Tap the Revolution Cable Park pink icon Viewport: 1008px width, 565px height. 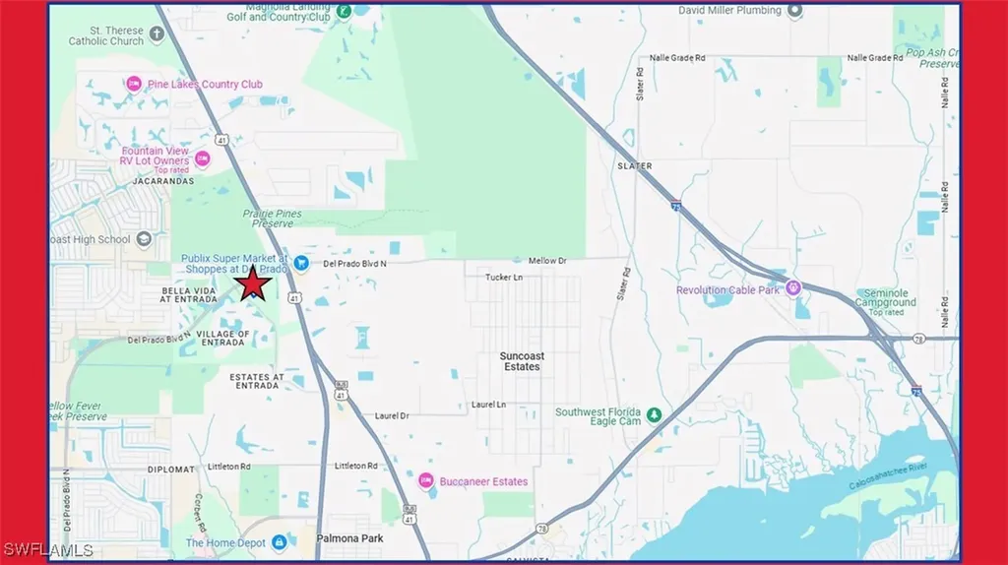point(793,289)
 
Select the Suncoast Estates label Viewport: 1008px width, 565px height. point(522,360)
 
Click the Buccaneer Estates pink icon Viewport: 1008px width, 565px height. point(426,481)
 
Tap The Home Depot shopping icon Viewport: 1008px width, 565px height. point(279,542)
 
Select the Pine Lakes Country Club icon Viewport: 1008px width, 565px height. point(131,85)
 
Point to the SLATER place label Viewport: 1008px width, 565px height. point(634,166)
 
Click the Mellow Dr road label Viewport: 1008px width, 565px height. point(548,261)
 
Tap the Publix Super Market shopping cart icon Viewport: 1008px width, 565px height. point(302,263)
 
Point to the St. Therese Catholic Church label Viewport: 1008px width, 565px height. point(106,35)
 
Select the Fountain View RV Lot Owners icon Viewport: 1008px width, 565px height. point(202,157)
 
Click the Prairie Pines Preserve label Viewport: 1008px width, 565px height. point(273,218)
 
